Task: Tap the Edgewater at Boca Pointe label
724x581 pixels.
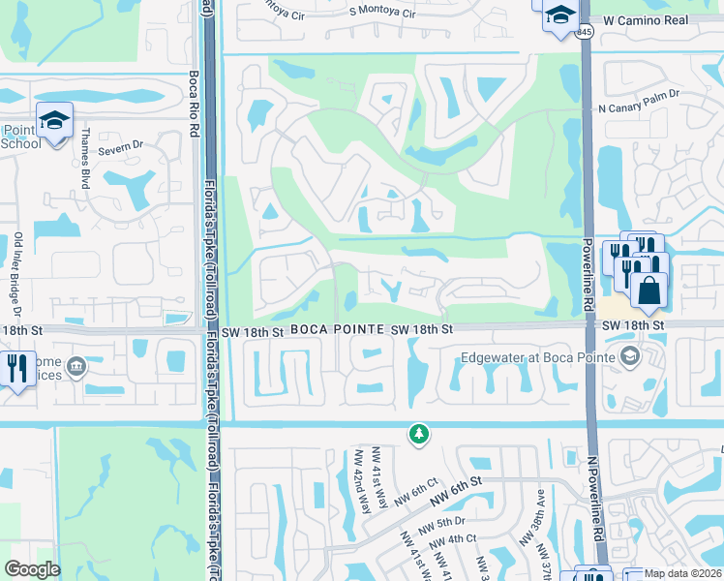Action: [538, 357]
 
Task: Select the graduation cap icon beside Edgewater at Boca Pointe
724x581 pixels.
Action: [632, 357]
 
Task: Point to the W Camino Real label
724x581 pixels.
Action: [646, 20]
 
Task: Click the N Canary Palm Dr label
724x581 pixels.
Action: [639, 108]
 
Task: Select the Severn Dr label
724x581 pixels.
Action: [123, 145]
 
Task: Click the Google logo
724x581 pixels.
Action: [33, 569]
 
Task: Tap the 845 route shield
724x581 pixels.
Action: [584, 31]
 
